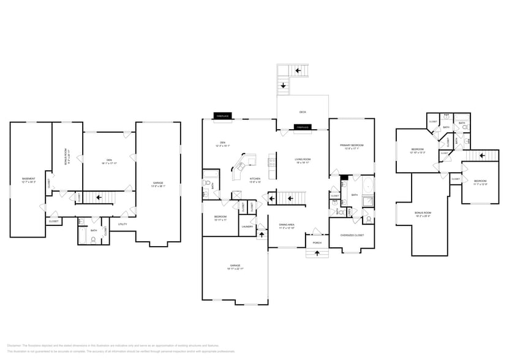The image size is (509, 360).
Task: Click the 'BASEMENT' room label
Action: pyautogui.click(x=28, y=179)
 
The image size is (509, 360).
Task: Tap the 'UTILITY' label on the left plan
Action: pyautogui.click(x=123, y=224)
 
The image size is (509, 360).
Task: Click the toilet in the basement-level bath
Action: pyautogui.click(x=93, y=239)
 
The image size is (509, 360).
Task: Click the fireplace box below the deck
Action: pyautogui.click(x=303, y=127)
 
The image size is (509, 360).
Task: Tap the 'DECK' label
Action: pyautogui.click(x=303, y=112)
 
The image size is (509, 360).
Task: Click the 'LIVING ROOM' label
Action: pyautogui.click(x=303, y=159)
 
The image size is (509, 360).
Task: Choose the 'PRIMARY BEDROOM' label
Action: pyautogui.click(x=352, y=145)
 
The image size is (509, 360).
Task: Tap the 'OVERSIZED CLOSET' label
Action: pyautogui.click(x=352, y=235)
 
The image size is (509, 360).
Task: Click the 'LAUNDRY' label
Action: pyautogui.click(x=247, y=227)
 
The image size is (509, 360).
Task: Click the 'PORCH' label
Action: pyautogui.click(x=317, y=242)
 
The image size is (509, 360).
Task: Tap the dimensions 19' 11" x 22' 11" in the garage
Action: pyautogui.click(x=235, y=269)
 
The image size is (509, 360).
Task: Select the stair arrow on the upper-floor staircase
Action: pyautogui.click(x=481, y=156)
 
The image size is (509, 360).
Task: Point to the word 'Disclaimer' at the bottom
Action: pyautogui.click(x=14, y=345)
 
